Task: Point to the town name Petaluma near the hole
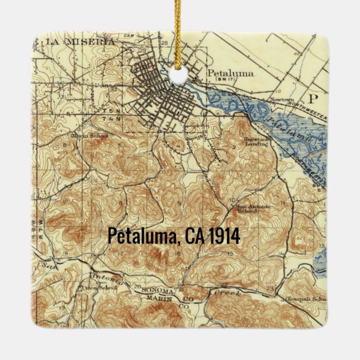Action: pyautogui.click(x=230, y=73)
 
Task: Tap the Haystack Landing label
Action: pyautogui.click(x=256, y=141)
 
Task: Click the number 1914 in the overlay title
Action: pyautogui.click(x=224, y=236)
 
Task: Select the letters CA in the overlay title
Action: pyautogui.click(x=193, y=236)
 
